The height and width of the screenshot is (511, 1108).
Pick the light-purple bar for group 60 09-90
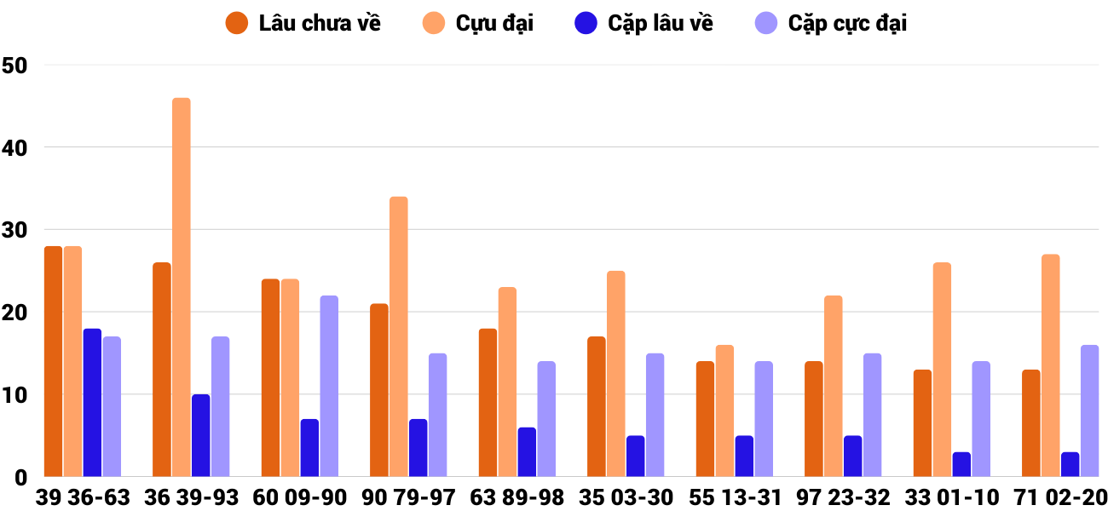click(329, 387)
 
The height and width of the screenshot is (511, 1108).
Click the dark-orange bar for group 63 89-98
click(488, 403)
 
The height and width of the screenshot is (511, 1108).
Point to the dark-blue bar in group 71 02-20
click(1070, 464)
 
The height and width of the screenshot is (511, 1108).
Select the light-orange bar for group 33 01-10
click(942, 370)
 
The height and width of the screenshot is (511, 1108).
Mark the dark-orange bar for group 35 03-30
click(597, 407)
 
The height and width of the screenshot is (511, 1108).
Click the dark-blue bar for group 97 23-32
click(852, 456)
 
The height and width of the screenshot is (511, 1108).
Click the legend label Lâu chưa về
click(320, 23)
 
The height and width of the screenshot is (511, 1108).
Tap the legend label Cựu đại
click(494, 23)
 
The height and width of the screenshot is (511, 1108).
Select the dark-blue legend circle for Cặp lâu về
click(586, 23)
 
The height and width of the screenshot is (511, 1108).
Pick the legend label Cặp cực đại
click(847, 23)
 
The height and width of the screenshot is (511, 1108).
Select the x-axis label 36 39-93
click(191, 497)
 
